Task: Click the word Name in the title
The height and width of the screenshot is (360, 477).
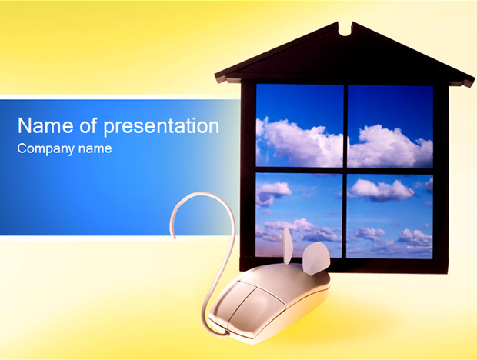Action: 45,125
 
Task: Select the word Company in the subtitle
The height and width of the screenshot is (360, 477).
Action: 46,149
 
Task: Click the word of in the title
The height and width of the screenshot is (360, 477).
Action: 88,125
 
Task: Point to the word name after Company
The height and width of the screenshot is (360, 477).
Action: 95,149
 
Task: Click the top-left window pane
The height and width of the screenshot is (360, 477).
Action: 299,125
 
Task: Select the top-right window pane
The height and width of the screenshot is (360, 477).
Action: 390,126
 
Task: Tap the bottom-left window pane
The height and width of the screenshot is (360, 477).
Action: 299,215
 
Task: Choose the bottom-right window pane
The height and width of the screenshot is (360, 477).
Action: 389,216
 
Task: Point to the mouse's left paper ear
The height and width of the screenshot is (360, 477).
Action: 288,245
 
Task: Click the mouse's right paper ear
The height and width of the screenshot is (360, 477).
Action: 316,258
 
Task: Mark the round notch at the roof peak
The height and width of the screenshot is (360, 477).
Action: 345,32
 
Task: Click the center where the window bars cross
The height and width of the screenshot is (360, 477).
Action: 345,171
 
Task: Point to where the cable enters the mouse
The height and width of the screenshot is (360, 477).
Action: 226,330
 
